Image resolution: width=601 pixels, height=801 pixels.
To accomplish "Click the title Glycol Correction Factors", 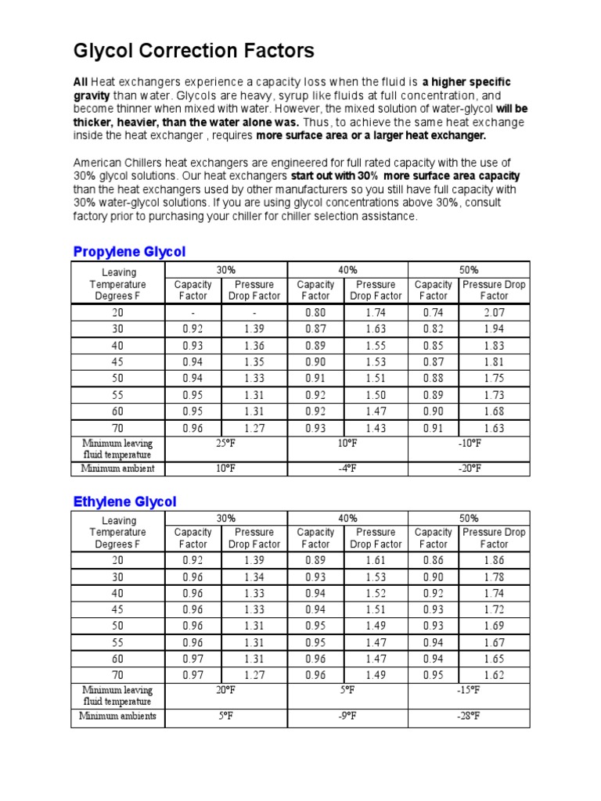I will (193, 52).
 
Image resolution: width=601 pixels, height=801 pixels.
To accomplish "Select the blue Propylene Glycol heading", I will (129, 251).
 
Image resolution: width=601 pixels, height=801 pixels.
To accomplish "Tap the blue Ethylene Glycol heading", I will (124, 501).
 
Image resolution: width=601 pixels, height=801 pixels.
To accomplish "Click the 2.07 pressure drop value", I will (494, 313).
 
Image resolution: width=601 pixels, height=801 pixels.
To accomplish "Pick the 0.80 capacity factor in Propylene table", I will (315, 313).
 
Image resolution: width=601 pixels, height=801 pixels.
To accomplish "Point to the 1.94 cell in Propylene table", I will (494, 329).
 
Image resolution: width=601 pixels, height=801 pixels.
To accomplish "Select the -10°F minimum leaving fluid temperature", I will (469, 443).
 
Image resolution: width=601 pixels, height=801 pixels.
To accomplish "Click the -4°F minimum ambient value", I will (347, 469).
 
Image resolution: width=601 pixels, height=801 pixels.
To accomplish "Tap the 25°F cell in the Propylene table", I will (226, 443).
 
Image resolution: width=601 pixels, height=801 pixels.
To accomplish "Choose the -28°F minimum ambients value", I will (469, 716).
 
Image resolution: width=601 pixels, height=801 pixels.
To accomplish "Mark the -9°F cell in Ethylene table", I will (347, 716).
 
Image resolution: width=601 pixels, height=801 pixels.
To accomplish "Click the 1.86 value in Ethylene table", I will (494, 560).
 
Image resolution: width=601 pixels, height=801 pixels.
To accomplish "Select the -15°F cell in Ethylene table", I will (469, 690).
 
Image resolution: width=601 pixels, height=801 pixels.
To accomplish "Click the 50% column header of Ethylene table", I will (469, 518).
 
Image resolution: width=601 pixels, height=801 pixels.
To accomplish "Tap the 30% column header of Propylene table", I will (226, 269).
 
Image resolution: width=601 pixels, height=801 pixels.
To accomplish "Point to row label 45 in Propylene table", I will (117, 362).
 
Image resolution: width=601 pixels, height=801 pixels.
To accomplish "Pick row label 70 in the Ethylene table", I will (117, 675).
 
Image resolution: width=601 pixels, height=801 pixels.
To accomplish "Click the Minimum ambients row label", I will (117, 716).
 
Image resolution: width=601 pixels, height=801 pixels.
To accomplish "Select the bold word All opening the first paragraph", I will (81, 82).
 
